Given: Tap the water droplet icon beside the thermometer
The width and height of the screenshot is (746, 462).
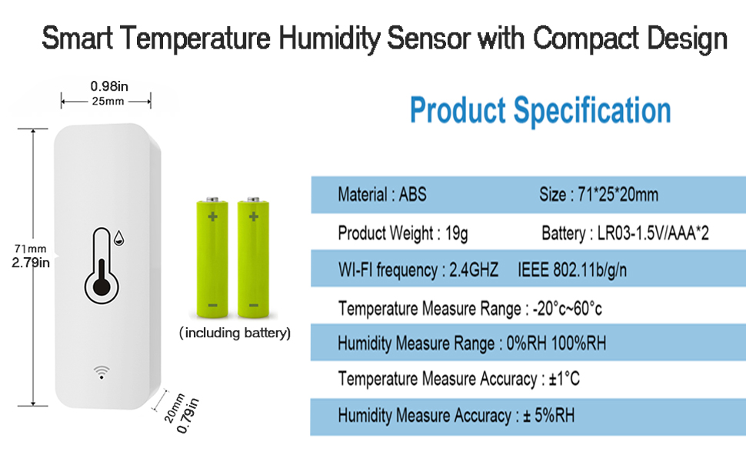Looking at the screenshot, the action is point(119,238).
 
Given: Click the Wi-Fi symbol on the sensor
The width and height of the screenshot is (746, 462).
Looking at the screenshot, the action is point(102,372).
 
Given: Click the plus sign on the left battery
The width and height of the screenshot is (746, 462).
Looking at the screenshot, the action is point(213,216).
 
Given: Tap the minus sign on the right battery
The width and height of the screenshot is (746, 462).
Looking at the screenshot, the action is point(254,305).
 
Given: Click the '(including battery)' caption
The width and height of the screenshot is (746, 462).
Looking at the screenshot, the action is point(235,333).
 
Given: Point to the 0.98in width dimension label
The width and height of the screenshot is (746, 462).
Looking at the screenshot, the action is point(109,86).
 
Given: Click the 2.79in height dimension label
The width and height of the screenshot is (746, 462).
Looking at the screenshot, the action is point(31,263).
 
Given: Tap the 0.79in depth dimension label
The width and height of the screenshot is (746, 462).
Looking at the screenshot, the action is point(188,416).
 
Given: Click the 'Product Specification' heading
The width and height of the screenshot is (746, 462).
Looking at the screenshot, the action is point(540,111).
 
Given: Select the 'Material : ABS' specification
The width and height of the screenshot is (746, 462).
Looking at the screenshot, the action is point(382,194).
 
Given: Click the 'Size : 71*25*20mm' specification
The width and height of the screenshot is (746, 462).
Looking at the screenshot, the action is point(598,194).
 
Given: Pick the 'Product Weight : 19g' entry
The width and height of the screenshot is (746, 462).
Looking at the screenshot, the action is point(402,233).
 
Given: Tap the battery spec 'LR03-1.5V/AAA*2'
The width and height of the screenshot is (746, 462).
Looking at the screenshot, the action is point(653,233).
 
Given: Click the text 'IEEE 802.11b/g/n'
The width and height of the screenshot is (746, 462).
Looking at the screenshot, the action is point(572,270).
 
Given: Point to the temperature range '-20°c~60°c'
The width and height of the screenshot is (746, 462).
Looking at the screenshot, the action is point(567,309).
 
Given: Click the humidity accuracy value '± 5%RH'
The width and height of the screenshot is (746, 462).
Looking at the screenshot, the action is point(548,415).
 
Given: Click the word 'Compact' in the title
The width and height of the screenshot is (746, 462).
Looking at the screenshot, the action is point(586,38).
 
